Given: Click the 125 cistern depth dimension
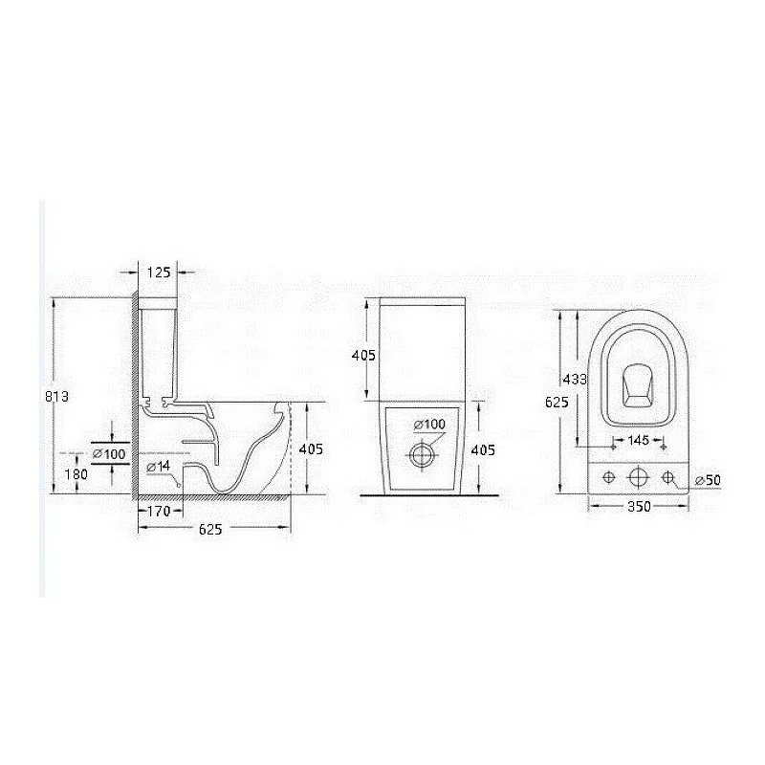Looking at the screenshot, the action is click(x=159, y=273).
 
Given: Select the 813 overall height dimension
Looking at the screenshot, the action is click(x=57, y=396).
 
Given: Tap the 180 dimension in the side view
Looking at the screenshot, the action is click(x=76, y=473).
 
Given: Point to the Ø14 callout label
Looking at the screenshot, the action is click(x=159, y=467).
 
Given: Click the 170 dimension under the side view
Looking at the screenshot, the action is click(x=159, y=511).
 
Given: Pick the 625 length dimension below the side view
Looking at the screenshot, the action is click(x=210, y=529).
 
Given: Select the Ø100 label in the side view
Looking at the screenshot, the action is click(x=109, y=453).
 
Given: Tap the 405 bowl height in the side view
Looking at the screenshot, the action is click(x=311, y=448).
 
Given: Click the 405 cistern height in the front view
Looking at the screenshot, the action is click(x=364, y=355).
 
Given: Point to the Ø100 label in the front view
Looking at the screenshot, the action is click(x=429, y=425).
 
